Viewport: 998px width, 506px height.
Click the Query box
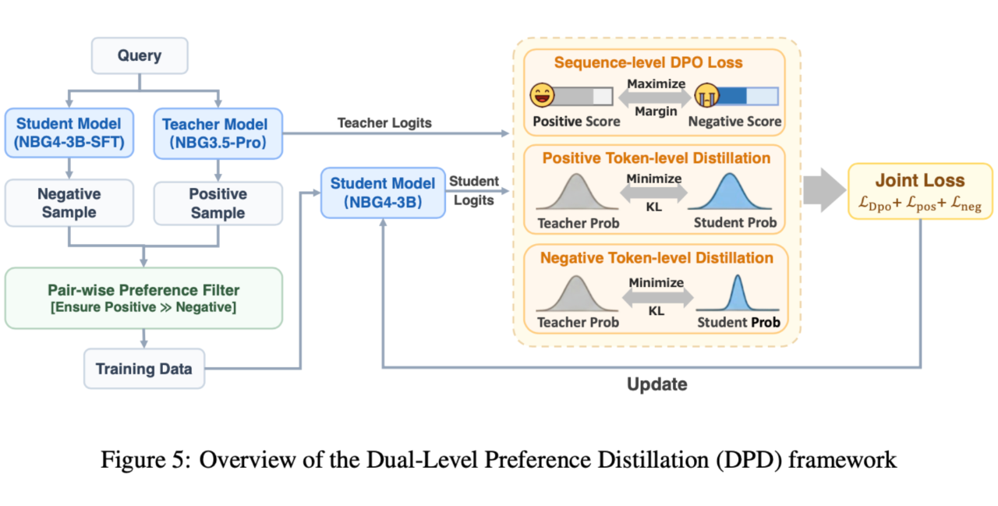tap(140, 56)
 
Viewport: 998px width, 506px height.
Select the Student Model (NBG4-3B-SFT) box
tap(69, 133)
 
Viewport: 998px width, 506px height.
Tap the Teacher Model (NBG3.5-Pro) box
tap(215, 133)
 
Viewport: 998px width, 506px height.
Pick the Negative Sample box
tap(69, 203)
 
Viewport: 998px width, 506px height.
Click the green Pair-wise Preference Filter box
tap(143, 298)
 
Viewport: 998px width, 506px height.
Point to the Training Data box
tap(143, 369)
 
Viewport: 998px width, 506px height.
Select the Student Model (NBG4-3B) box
tap(383, 193)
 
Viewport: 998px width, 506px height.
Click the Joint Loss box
tap(920, 191)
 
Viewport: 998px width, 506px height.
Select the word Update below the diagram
tap(657, 384)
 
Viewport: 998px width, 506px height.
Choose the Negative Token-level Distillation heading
tap(656, 257)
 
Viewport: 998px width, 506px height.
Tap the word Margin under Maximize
tap(656, 111)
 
